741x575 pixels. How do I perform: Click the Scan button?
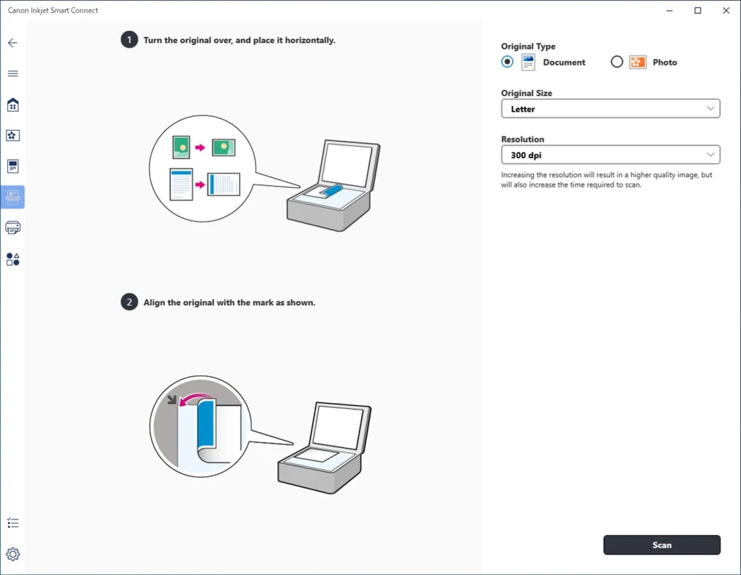pos(661,545)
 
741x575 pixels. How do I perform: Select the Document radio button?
pos(507,62)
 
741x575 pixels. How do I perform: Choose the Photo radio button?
pos(617,62)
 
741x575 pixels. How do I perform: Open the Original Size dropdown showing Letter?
pos(610,109)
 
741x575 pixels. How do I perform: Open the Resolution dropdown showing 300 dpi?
pos(610,155)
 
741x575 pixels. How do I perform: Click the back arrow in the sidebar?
pos(12,43)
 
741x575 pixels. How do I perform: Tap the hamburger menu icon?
pos(12,73)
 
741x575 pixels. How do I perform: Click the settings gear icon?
pos(12,554)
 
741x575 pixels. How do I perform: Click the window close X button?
pos(726,11)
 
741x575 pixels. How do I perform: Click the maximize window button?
pos(697,11)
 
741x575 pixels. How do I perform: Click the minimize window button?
pos(669,11)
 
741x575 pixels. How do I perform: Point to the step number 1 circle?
pos(129,40)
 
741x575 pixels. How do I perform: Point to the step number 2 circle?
pos(129,302)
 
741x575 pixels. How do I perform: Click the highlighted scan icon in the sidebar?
pos(12,197)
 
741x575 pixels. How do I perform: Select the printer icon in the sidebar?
pos(12,228)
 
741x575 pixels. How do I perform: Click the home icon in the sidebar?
pos(12,105)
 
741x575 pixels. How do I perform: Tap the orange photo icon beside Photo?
pos(638,62)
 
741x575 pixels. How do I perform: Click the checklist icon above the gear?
pos(12,523)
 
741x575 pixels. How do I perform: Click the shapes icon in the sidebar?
pos(12,259)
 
